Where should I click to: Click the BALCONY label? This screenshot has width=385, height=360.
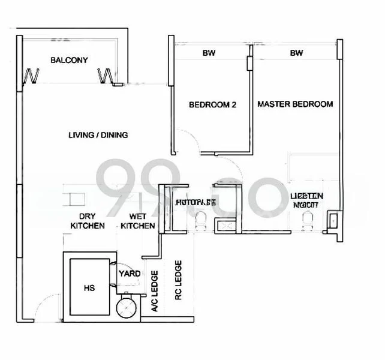pos(69,60)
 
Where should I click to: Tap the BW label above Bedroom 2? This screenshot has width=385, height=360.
pos(209,53)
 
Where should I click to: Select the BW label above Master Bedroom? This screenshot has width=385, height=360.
pos(296,53)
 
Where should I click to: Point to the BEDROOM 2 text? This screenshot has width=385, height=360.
pos(212,104)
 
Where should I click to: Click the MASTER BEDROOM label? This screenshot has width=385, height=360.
pos(295,104)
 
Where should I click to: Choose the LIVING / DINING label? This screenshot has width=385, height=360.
pos(98,135)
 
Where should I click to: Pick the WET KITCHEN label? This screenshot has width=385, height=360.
pos(138,221)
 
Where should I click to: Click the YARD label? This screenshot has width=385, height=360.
pos(130,274)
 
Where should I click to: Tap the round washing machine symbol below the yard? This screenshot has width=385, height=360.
pos(127,307)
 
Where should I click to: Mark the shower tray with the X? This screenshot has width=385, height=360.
pos(227,227)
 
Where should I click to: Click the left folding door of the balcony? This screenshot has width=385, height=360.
pos(31,76)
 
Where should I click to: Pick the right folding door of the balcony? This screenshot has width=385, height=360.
pos(107,76)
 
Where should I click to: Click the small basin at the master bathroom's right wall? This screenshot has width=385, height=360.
pos(332,223)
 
